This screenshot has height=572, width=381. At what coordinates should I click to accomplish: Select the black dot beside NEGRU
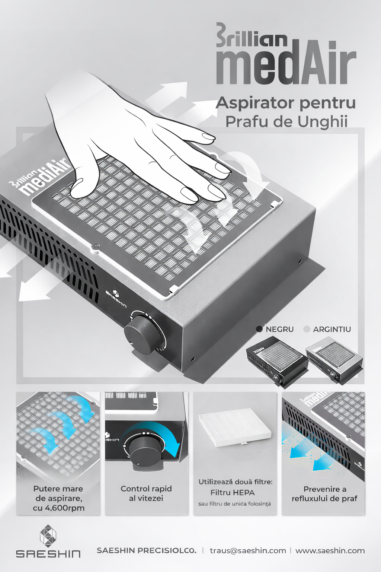[x=259, y=329]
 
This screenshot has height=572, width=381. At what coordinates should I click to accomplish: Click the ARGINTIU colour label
[x=332, y=329]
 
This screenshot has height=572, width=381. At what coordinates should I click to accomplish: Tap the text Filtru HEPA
[x=233, y=493]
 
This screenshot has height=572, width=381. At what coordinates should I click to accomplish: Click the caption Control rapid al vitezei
[x=146, y=493]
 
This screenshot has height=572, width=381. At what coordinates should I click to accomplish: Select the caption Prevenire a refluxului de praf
[x=324, y=494]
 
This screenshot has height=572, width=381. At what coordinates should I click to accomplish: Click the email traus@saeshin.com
[x=248, y=550]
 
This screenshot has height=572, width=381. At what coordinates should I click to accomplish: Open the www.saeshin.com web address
[x=330, y=550]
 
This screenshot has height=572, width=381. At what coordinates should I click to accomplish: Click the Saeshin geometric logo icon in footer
[x=48, y=536]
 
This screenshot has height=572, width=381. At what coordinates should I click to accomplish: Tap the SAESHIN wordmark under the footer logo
[x=48, y=554]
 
